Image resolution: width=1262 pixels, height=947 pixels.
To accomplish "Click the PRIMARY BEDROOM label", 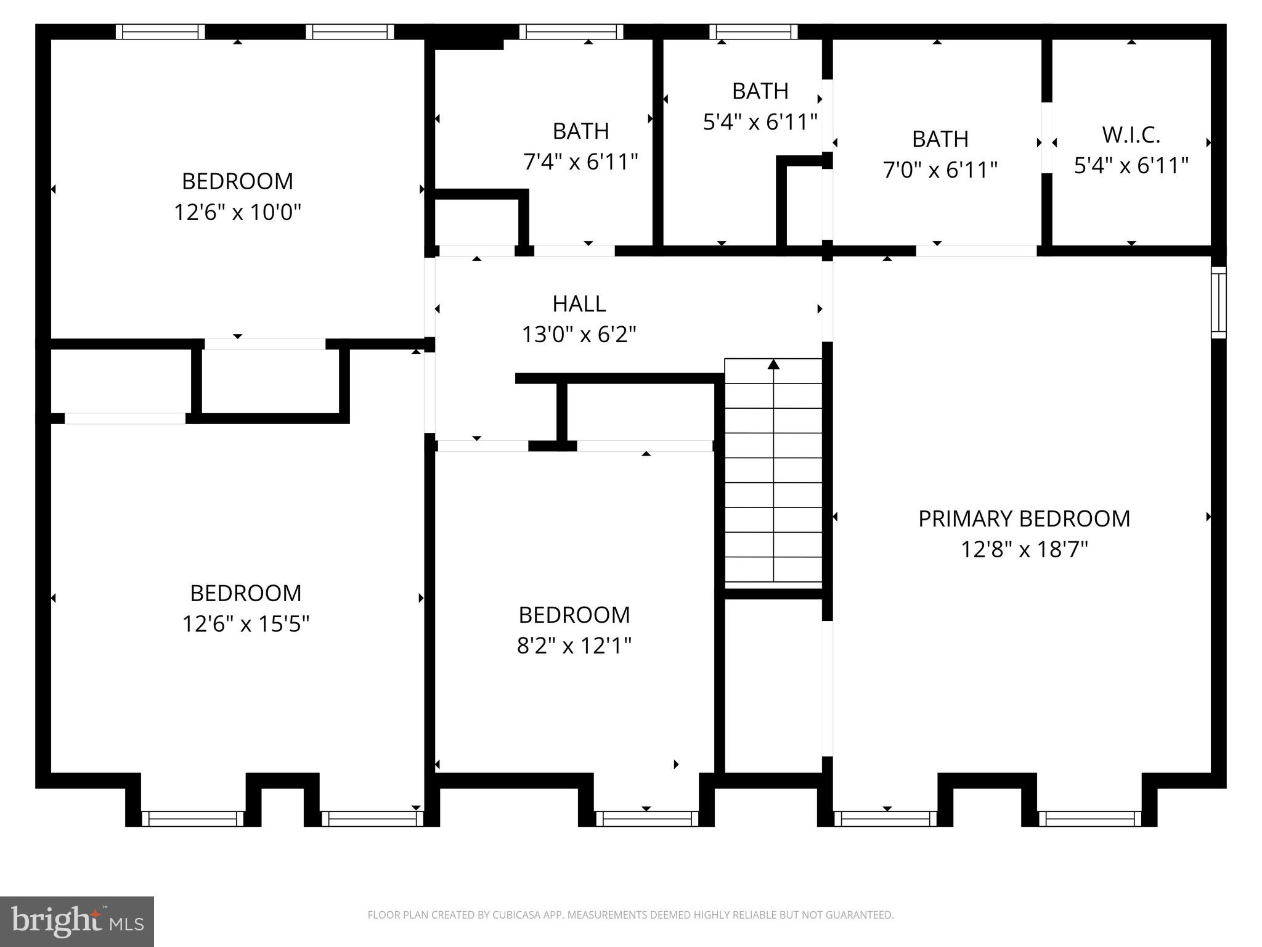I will [1024, 519].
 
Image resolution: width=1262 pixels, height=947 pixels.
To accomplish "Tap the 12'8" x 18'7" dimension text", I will [1024, 549].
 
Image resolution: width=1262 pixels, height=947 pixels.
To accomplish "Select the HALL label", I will [579, 303].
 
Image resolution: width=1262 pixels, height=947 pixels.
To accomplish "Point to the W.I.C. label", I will [1131, 134].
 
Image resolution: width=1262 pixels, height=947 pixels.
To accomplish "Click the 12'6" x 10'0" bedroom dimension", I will [237, 213].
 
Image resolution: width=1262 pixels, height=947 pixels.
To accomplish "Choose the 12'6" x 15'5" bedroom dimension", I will [245, 624].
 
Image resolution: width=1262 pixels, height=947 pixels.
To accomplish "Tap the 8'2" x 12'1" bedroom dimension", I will [574, 646].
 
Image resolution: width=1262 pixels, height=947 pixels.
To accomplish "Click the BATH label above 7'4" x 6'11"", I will [580, 131].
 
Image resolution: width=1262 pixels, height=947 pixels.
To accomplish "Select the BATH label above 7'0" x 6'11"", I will [940, 139].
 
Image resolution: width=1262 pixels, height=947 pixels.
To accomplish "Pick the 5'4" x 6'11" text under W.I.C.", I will [1131, 166].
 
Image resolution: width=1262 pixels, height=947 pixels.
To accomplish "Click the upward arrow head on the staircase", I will [773, 364].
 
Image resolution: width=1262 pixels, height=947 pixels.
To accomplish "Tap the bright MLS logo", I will [77, 921].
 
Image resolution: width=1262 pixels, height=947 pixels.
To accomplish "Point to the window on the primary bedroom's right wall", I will [1218, 302].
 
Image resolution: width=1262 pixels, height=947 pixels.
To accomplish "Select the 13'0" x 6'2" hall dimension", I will [579, 335].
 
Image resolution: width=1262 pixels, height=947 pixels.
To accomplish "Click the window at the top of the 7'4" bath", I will [571, 31].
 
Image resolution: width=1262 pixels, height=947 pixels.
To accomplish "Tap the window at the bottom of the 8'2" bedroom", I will [646, 818].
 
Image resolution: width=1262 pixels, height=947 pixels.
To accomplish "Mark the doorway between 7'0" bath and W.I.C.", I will [1046, 137].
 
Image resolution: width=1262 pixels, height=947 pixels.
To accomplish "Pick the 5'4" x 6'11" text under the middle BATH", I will [760, 122].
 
